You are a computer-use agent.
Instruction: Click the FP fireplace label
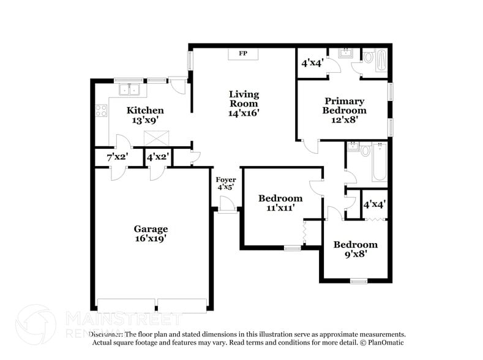[243, 54]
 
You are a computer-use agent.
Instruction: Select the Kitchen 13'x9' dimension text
[145, 121]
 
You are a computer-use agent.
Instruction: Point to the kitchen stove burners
[102, 111]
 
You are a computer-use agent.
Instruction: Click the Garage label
[151, 229]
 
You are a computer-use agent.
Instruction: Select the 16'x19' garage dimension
[151, 239]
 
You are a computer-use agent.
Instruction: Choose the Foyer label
[225, 179]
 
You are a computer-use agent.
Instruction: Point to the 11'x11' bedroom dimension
[280, 208]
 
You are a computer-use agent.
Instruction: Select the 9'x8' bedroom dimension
[355, 254]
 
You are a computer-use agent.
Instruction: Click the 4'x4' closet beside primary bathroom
[312, 63]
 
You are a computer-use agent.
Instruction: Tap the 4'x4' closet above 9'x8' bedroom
[374, 204]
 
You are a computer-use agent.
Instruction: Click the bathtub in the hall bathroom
[380, 162]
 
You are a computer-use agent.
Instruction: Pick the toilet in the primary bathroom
[369, 57]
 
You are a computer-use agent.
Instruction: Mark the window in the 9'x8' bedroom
[358, 280]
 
